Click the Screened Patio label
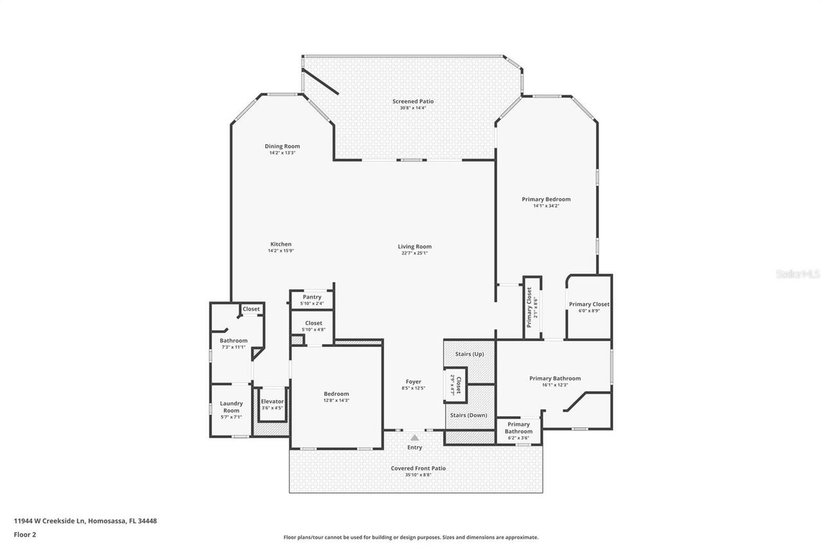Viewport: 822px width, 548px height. pyautogui.click(x=413, y=102)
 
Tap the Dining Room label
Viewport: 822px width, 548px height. pyautogui.click(x=282, y=146)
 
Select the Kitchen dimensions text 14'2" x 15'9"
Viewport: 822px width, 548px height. pyautogui.click(x=281, y=251)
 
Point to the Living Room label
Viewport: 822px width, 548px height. pyautogui.click(x=414, y=247)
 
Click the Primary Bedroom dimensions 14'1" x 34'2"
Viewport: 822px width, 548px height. pyautogui.click(x=545, y=206)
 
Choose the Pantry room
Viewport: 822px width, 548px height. pyautogui.click(x=312, y=299)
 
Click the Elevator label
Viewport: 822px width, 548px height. pyautogui.click(x=272, y=402)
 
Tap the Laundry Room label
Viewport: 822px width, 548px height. pyautogui.click(x=231, y=407)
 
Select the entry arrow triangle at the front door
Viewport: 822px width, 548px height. pyautogui.click(x=414, y=438)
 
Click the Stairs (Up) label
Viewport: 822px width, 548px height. pyautogui.click(x=469, y=354)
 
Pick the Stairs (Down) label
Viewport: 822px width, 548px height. pyautogui.click(x=468, y=415)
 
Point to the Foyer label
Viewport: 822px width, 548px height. pyautogui.click(x=414, y=382)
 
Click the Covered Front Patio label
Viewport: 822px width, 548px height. pyautogui.click(x=418, y=468)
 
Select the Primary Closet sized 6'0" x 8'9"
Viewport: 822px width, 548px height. pyautogui.click(x=589, y=307)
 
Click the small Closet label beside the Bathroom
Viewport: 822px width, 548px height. pyautogui.click(x=251, y=309)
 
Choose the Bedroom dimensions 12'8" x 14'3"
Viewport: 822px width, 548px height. pyautogui.click(x=336, y=400)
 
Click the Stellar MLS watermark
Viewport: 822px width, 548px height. pyautogui.click(x=798, y=274)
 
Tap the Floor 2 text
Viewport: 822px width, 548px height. pyautogui.click(x=24, y=534)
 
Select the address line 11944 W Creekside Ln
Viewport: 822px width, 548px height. pyautogui.click(x=85, y=521)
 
